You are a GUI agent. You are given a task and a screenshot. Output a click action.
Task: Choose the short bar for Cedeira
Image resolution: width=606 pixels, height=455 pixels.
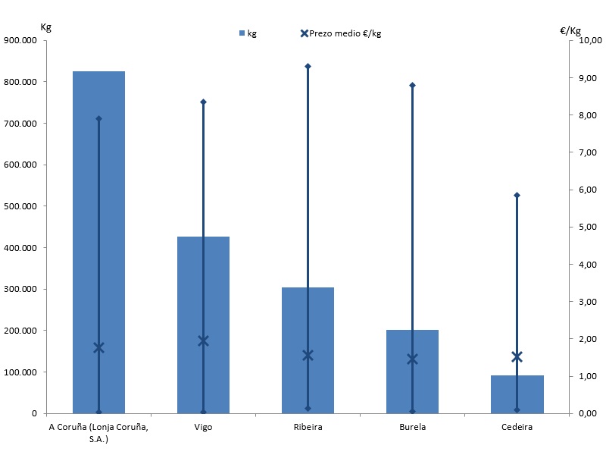click(x=517, y=394)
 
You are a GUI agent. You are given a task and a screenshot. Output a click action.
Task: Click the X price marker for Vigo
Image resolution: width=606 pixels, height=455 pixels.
click(x=203, y=341)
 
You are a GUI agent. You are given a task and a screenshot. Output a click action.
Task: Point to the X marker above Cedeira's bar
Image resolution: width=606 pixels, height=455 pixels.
click(x=517, y=357)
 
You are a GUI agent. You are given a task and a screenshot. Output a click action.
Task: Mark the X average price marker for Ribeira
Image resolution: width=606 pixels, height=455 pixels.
click(x=308, y=355)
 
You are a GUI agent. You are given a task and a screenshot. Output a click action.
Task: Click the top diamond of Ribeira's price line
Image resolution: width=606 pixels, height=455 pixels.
click(x=308, y=67)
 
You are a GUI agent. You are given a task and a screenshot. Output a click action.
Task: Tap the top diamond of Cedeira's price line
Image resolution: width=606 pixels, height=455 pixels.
click(x=517, y=196)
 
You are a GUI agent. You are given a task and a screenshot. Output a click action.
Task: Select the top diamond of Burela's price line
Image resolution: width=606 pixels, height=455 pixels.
click(x=412, y=85)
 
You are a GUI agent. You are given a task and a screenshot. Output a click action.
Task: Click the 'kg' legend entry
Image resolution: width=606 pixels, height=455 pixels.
click(x=248, y=33)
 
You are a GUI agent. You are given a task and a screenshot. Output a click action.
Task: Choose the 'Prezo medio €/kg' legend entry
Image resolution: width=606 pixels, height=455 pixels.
click(x=341, y=33)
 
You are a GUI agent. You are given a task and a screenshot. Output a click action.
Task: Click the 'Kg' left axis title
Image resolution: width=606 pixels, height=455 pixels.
click(x=45, y=27)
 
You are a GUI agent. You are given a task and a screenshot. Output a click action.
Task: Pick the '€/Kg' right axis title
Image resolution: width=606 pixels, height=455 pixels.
click(x=570, y=31)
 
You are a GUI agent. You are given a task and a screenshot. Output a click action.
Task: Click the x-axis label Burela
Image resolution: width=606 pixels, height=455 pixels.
click(x=412, y=427)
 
